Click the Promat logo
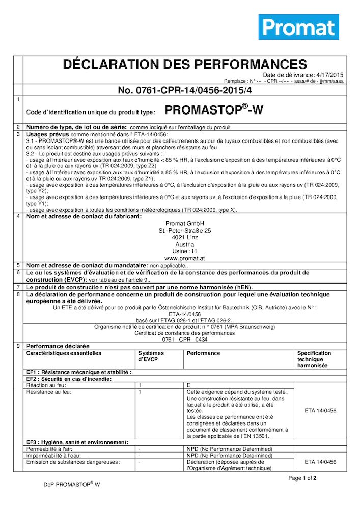[x=298, y=27]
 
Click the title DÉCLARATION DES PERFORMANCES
[x=184, y=65]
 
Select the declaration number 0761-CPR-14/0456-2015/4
[x=185, y=90]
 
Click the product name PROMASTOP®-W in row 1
[x=214, y=110]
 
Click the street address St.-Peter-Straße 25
[x=185, y=231]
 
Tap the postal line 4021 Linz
[x=185, y=237]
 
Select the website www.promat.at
[x=185, y=259]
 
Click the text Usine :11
[x=185, y=251]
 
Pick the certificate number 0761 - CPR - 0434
[x=185, y=340]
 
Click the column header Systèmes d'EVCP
[x=151, y=356]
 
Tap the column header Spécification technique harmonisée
[x=314, y=359]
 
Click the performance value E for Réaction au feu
[x=189, y=385]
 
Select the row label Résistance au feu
[x=49, y=392]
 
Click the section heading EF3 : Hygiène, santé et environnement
[x=77, y=442]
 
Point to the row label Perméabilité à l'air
[x=50, y=449]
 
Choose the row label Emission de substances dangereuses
[x=73, y=462]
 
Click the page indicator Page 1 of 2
[x=302, y=478]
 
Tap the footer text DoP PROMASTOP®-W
[x=72, y=485]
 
